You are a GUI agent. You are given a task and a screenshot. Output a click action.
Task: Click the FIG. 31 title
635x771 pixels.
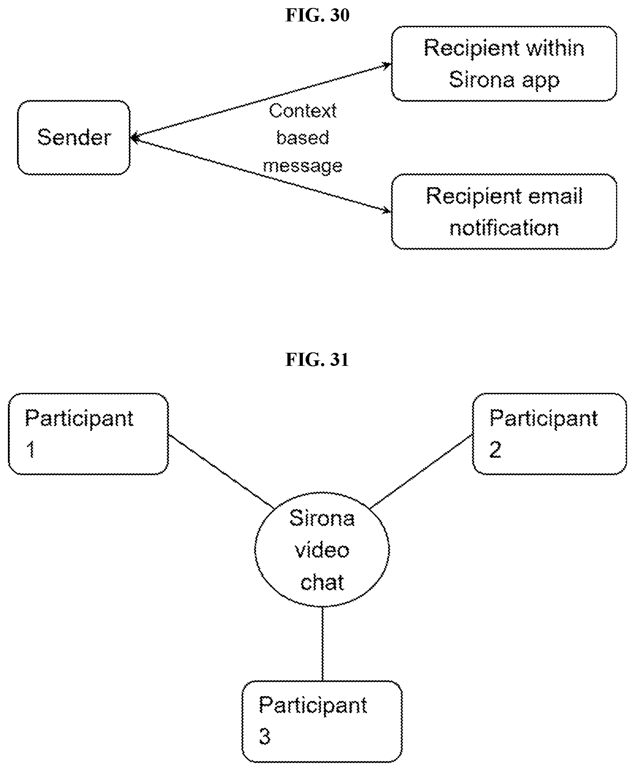point(317,360)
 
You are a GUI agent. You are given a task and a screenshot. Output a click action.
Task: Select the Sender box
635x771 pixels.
point(74,138)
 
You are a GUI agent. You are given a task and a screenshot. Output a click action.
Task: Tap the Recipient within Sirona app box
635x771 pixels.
point(504,64)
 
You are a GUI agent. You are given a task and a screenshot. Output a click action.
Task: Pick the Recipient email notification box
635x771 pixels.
point(504,212)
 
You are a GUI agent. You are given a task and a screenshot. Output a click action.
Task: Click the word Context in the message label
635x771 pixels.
point(302,111)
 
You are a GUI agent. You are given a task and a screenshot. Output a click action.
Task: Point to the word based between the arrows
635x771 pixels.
point(302,138)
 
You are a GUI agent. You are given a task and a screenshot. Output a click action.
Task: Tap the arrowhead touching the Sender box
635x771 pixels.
point(135,138)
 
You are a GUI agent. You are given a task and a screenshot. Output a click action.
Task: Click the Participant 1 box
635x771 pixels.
point(88,434)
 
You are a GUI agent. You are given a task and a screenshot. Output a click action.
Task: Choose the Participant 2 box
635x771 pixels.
point(549,434)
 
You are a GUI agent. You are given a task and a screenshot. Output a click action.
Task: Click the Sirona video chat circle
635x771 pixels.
point(322,550)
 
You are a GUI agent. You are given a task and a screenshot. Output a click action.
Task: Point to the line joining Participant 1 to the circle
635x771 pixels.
point(221,472)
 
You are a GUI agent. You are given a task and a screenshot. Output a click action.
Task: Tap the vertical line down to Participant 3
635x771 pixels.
point(322,645)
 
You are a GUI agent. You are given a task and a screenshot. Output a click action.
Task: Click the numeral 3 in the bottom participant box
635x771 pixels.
point(265,737)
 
